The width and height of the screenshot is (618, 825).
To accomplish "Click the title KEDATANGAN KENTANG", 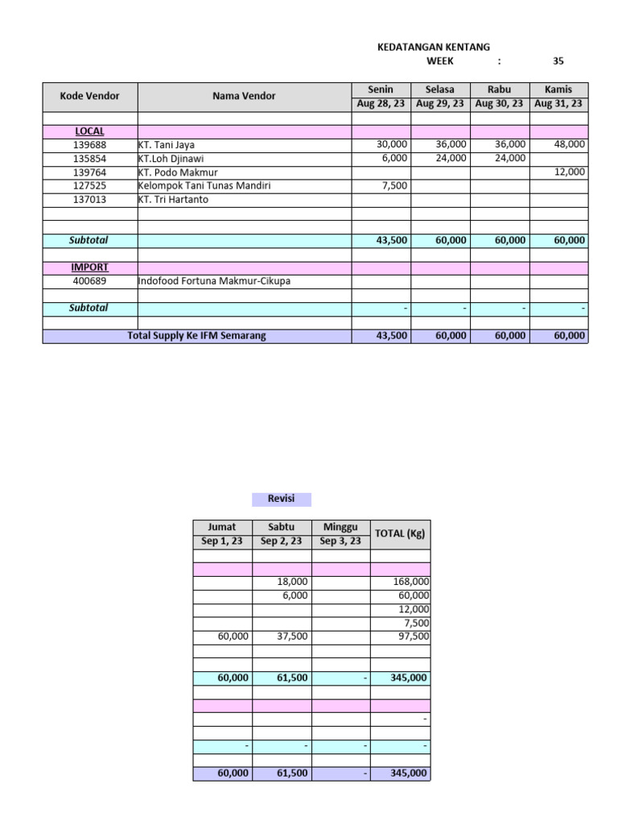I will pyautogui.click(x=434, y=48).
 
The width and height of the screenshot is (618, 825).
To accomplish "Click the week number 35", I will pyautogui.click(x=558, y=61).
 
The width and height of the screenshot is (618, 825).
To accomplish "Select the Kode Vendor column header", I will pyautogui.click(x=89, y=96).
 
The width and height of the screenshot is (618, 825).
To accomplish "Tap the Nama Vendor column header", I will pyautogui.click(x=244, y=96).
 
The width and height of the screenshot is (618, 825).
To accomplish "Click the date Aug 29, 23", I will pyautogui.click(x=440, y=104).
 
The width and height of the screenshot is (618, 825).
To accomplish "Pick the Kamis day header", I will pyautogui.click(x=558, y=89).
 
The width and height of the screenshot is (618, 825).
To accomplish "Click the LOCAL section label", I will pyautogui.click(x=89, y=131).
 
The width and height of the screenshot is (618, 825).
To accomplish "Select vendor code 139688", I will pyautogui.click(x=89, y=145).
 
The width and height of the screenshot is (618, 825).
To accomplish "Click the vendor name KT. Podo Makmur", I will pyautogui.click(x=178, y=172).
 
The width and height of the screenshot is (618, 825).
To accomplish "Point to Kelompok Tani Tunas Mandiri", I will pyautogui.click(x=204, y=186).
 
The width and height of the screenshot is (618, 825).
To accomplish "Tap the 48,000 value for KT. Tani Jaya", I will pyautogui.click(x=570, y=144).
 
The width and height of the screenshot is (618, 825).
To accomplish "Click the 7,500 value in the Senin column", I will pyautogui.click(x=392, y=186).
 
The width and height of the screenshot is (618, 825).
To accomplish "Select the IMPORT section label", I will pyautogui.click(x=89, y=267).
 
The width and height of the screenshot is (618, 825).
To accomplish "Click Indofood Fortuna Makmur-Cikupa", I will pyautogui.click(x=214, y=281).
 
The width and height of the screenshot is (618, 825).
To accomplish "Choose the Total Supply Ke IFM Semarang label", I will pyautogui.click(x=196, y=336).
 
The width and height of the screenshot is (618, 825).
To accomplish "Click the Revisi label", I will pyautogui.click(x=281, y=499).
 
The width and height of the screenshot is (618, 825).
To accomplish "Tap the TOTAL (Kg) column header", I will pyautogui.click(x=400, y=534).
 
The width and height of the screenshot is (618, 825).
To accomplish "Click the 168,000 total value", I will pyautogui.click(x=410, y=582).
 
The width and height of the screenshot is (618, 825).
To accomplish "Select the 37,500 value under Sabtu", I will pyautogui.click(x=290, y=636).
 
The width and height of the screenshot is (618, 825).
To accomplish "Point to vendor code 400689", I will pyautogui.click(x=89, y=281).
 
